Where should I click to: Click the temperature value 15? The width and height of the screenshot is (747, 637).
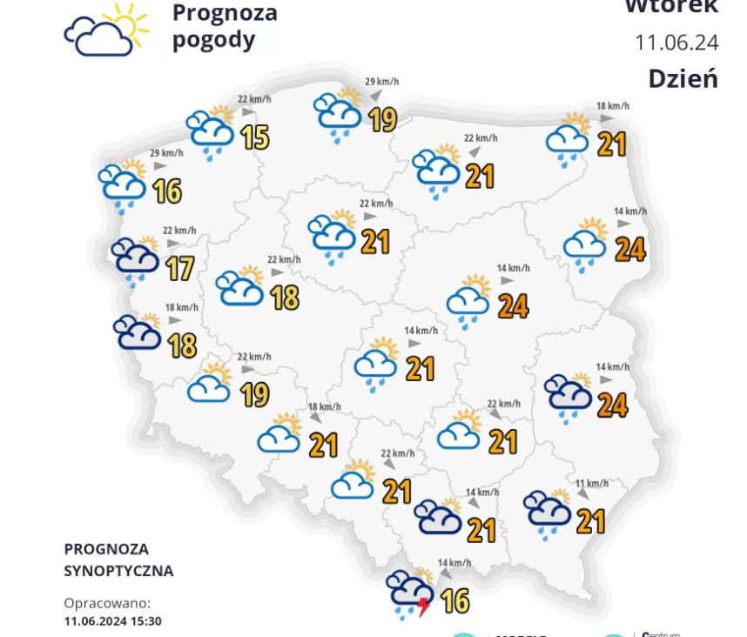[254, 137]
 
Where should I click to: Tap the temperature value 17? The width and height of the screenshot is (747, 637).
[178, 268]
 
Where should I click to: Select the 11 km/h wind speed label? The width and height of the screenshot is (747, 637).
[591, 484]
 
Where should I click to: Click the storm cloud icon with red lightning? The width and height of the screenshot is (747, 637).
[409, 593]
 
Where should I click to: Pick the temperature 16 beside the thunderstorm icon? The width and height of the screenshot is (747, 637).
[454, 600]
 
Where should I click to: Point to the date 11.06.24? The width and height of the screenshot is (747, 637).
[676, 42]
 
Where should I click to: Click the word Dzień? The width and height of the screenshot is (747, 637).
[683, 78]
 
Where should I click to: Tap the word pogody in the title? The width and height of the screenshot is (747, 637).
[213, 40]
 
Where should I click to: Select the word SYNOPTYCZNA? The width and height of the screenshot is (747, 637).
[118, 571]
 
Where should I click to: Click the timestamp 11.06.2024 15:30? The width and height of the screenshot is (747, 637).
[112, 621]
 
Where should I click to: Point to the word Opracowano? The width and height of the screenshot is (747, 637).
[107, 603]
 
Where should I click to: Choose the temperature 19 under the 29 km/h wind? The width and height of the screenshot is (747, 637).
[382, 118]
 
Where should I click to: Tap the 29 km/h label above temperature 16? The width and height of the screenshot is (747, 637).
[167, 153]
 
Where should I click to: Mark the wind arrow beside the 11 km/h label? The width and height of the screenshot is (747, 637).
[582, 495]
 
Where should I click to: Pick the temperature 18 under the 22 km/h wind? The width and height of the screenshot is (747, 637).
[285, 298]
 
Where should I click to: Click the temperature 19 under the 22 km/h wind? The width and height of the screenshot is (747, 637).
[254, 394]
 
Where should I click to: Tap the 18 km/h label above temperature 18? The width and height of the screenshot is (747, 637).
[182, 307]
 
